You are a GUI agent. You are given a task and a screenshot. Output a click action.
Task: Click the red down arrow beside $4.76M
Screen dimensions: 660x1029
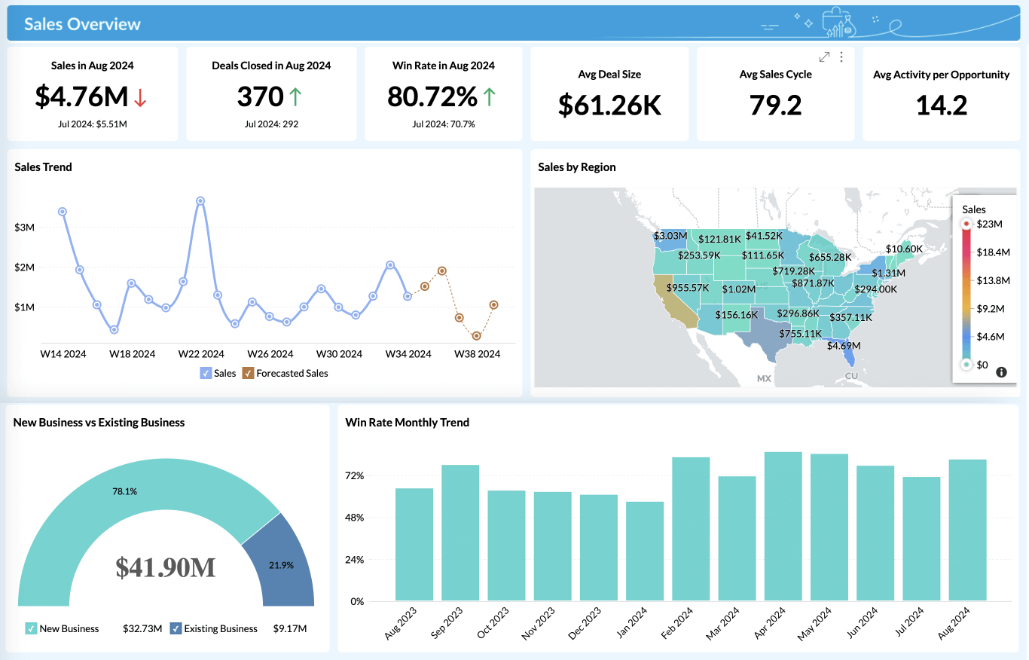click(x=141, y=97)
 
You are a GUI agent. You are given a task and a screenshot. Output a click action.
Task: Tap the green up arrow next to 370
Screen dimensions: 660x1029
click(x=295, y=96)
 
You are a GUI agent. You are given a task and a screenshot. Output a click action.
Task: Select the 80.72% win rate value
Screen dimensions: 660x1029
click(x=432, y=96)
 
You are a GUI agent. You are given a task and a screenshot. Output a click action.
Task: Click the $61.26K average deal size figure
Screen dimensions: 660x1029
click(x=609, y=105)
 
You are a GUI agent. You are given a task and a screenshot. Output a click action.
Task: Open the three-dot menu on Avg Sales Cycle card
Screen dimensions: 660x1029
click(x=841, y=57)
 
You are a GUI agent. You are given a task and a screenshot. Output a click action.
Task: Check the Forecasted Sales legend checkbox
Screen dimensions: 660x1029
click(x=248, y=373)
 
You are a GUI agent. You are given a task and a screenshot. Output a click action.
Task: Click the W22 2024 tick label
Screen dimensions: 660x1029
click(x=201, y=353)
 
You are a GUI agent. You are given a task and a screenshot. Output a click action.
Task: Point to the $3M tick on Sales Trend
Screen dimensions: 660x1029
click(x=24, y=228)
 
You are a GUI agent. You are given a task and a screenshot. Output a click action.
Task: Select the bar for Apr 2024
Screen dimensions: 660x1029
click(x=783, y=526)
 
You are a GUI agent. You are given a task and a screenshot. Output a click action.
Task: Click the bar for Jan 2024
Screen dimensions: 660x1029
click(x=645, y=551)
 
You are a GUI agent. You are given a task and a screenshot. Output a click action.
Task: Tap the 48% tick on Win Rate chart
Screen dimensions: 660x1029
click(x=355, y=518)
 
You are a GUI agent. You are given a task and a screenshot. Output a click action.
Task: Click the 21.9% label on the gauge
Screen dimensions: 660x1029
click(x=281, y=565)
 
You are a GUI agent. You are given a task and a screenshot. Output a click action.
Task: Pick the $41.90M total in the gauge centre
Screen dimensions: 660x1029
click(x=166, y=567)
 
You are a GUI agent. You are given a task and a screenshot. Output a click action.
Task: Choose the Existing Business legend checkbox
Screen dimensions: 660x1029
click(x=176, y=628)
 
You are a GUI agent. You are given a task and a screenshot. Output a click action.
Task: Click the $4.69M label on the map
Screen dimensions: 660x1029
click(x=843, y=346)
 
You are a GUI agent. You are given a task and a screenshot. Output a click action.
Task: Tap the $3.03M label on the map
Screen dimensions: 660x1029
click(x=670, y=236)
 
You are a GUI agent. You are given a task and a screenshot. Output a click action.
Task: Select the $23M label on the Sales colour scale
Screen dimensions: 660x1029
click(x=989, y=224)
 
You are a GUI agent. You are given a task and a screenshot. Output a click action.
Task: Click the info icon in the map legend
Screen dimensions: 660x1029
click(x=1001, y=372)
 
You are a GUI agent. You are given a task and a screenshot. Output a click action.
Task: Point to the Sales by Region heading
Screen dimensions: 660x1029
click(x=576, y=167)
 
